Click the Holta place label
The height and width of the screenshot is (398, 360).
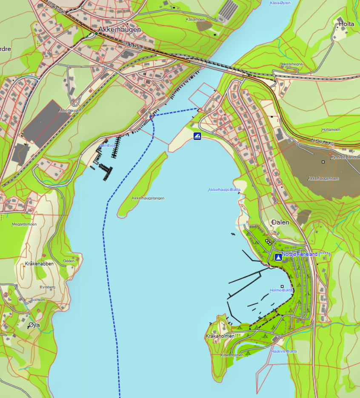346,24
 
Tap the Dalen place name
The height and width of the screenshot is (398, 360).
280,222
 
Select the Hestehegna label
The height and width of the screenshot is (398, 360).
292,64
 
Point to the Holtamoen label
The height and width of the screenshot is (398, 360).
331,129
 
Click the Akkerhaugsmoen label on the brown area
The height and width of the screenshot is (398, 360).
323,178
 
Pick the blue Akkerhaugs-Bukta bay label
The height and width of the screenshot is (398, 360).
224,189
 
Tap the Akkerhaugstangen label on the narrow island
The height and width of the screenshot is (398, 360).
148,198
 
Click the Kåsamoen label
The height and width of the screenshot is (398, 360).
196,20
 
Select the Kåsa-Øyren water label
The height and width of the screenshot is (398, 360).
280,3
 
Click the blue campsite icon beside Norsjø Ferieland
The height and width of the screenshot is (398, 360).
278,257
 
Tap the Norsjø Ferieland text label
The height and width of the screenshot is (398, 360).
306,254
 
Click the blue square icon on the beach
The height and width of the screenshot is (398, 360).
197,136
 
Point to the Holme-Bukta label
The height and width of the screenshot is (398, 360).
281,290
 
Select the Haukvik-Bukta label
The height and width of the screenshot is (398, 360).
284,351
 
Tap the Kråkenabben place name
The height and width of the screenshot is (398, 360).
39,264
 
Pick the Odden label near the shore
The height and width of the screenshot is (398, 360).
69,261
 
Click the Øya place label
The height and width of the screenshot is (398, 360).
34,326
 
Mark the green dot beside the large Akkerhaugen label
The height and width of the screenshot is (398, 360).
96,33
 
